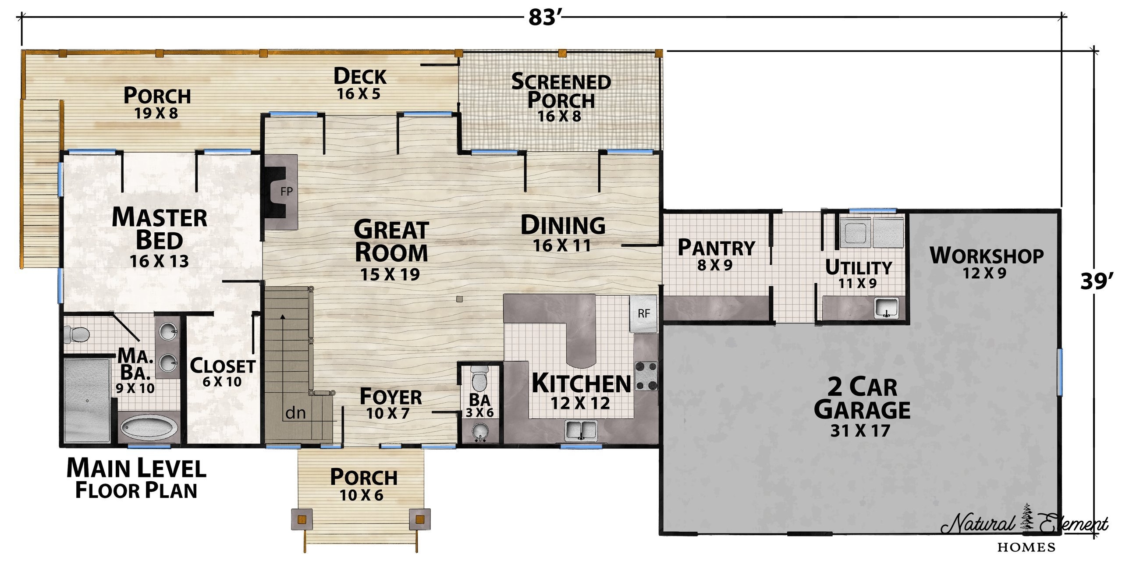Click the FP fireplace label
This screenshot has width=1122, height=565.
pos(286,192)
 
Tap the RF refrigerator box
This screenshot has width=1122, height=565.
pos(643,313)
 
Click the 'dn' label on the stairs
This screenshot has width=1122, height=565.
pos(295,413)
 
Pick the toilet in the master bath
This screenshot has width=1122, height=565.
pos(76,334)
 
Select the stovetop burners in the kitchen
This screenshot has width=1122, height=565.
pos(646,376)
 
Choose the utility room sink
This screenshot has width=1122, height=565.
pos(886,308)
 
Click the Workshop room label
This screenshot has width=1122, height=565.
pos(987,262)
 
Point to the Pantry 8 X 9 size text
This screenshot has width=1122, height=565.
pos(715,266)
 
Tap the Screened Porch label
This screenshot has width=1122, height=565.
pos(561,91)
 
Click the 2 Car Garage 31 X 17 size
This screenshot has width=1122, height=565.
pos(860,431)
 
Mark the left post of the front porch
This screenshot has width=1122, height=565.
pos(302,520)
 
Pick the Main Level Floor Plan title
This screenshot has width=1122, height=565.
pos(136,479)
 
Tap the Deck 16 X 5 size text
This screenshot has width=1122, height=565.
pos(359,94)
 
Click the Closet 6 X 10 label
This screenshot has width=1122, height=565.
pos(222,373)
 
